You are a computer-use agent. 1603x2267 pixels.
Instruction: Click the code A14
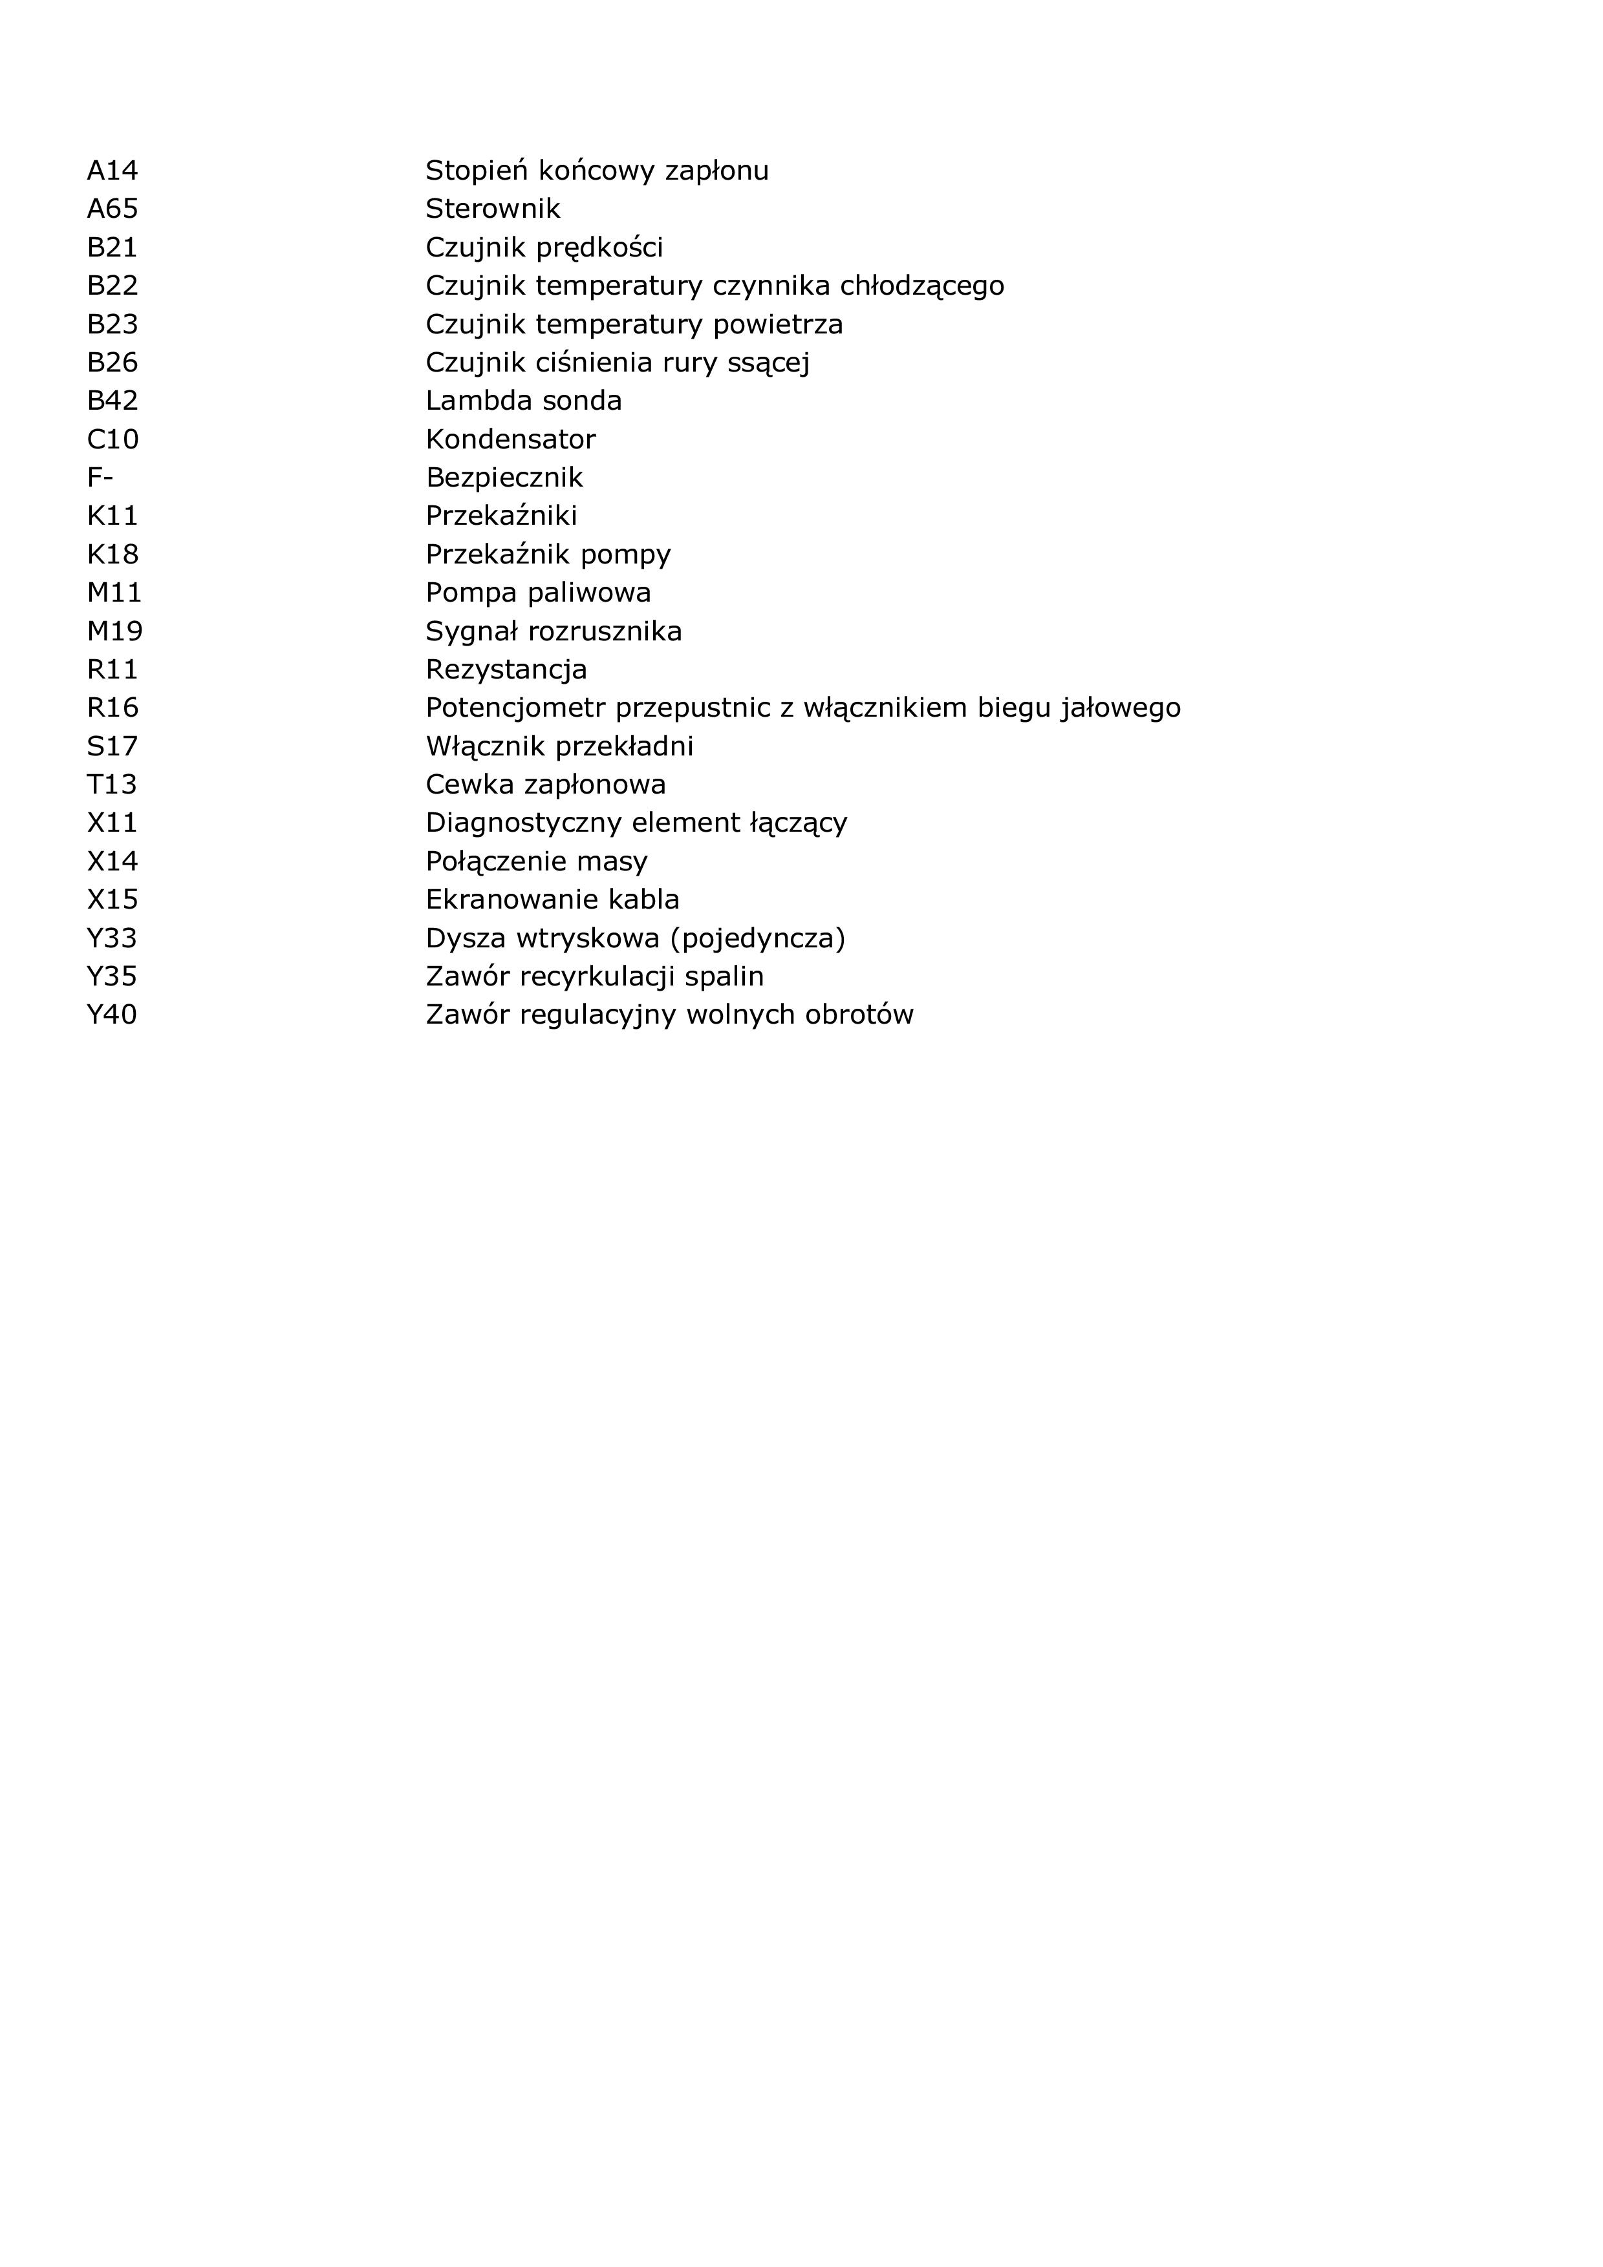point(112,171)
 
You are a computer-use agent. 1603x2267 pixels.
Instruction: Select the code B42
point(112,401)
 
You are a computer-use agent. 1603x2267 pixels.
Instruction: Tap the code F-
point(100,478)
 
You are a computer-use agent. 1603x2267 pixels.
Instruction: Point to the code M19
point(114,631)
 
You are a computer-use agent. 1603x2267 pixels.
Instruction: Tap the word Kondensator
point(511,439)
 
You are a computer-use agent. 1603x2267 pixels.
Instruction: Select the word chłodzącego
point(921,286)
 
